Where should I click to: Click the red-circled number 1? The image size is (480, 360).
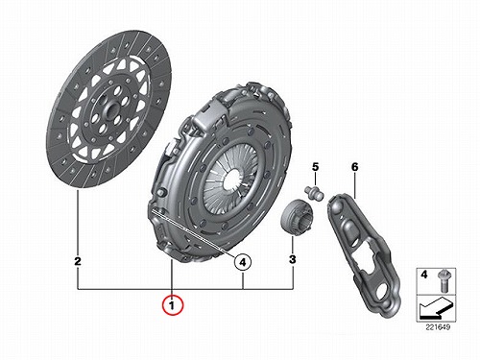[x=173, y=305]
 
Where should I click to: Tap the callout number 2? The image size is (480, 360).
[x=78, y=261]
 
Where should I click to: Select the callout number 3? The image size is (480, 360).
[x=293, y=259]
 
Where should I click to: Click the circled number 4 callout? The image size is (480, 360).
[x=243, y=262]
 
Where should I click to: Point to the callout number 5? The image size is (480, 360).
[x=316, y=167]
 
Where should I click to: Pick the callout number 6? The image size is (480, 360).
[x=354, y=167]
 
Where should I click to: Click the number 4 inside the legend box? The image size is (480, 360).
[x=424, y=275]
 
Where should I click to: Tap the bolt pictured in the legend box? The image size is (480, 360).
[x=444, y=280]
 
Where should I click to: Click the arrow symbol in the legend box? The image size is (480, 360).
[x=435, y=308]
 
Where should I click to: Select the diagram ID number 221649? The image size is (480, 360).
[x=438, y=327]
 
